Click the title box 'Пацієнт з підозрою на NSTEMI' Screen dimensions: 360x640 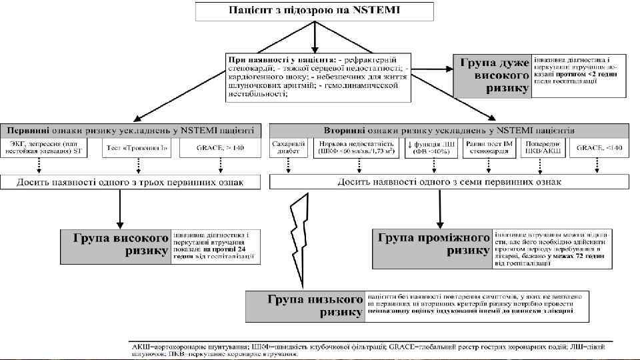(315, 11)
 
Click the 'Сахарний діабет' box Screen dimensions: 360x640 (289, 147)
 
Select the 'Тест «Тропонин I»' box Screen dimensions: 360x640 (137, 147)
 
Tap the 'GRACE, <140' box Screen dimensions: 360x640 (603, 147)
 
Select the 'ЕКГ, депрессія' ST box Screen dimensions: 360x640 (49, 147)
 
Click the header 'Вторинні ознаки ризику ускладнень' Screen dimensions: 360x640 (449, 129)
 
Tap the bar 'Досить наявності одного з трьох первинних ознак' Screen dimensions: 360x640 (131, 181)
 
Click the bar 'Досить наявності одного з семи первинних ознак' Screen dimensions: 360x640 (449, 181)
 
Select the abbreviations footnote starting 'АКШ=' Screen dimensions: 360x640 (373, 349)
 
